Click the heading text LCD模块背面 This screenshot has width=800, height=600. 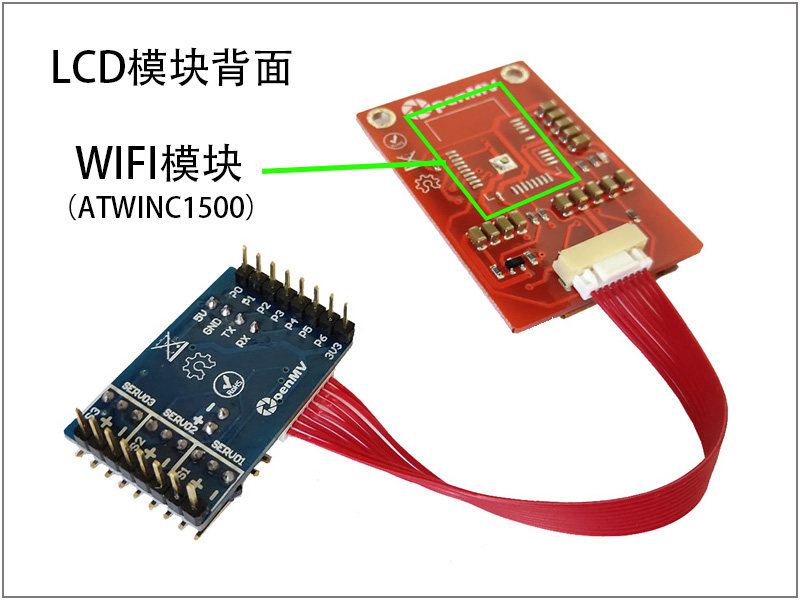tap(171, 69)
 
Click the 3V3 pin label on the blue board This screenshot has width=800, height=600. tap(336, 351)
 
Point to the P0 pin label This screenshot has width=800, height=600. tap(235, 293)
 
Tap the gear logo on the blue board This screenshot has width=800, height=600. tap(196, 368)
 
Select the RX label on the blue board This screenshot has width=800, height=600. tap(243, 338)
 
